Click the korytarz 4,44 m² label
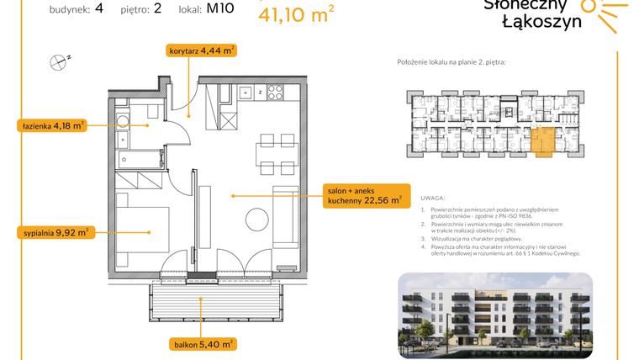tap(200, 50)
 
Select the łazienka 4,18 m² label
tap(52, 126)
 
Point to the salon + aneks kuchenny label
tap(367, 196)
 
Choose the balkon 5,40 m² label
tap(199, 343)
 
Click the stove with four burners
tap(274, 93)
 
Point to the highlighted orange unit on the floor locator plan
tap(541, 141)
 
